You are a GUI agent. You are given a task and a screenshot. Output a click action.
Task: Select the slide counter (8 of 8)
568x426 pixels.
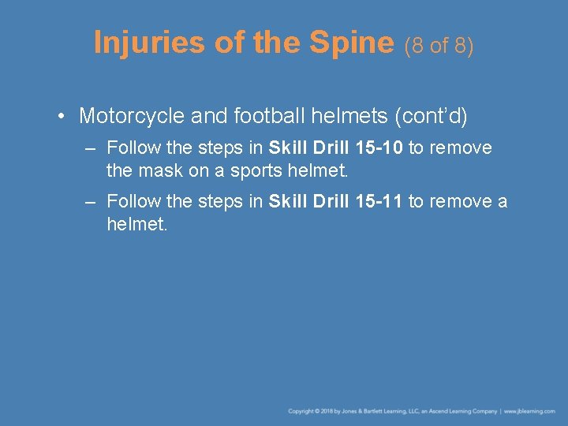(x=439, y=46)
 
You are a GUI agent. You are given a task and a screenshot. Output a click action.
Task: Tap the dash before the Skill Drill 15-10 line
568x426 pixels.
(x=91, y=148)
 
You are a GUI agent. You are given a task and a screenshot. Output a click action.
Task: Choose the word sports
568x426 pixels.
(x=250, y=170)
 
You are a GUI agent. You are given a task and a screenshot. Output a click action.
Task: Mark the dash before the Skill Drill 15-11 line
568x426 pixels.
(x=91, y=202)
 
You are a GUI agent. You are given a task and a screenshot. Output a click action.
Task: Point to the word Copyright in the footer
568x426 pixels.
(x=301, y=411)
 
